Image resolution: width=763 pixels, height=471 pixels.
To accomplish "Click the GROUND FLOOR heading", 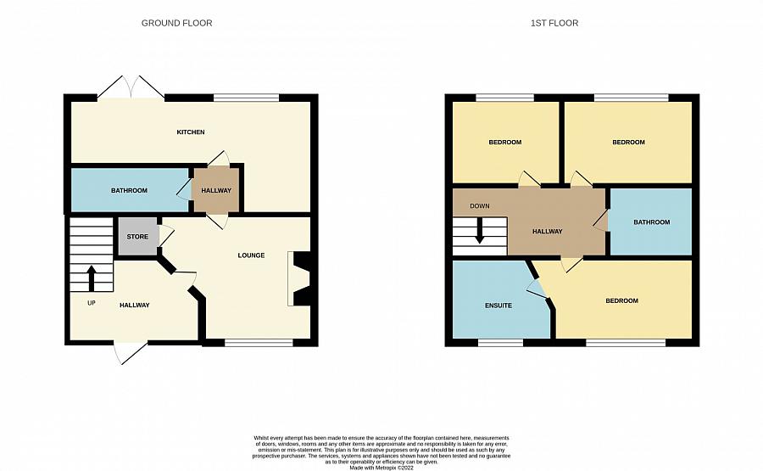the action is [x=176, y=23].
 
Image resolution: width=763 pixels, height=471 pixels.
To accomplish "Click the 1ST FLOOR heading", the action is [x=554, y=23].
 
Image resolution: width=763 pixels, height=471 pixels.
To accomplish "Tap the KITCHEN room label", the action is [x=190, y=132].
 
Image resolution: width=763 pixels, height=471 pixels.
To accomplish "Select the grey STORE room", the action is [x=137, y=236].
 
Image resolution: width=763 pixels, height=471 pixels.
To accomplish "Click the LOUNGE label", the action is [x=251, y=255].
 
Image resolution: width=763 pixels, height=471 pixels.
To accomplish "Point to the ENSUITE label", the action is [x=498, y=306].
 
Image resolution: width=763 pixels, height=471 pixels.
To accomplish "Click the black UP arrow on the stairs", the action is [x=91, y=278].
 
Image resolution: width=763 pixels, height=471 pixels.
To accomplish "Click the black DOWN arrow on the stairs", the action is [x=479, y=230].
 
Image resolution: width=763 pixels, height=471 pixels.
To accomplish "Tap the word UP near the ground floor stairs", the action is [x=92, y=303].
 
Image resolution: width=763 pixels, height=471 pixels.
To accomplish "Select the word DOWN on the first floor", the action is [x=480, y=206].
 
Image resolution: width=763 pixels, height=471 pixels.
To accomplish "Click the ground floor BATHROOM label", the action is [x=129, y=190].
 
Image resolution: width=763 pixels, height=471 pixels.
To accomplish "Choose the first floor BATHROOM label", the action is [x=652, y=222].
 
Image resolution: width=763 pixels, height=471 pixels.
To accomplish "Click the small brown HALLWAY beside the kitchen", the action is [x=216, y=190].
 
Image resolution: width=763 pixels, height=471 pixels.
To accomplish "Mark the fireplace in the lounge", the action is [x=298, y=278].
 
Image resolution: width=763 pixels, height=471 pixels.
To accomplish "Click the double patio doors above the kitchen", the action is [x=131, y=87].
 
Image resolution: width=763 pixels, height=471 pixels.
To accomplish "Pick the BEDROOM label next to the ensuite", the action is [x=622, y=301].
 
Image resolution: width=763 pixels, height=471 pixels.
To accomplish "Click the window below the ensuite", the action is [x=500, y=343].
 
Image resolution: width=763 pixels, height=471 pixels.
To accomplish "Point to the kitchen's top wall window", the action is [x=246, y=98].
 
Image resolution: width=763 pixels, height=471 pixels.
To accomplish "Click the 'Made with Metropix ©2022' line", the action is [x=381, y=468].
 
